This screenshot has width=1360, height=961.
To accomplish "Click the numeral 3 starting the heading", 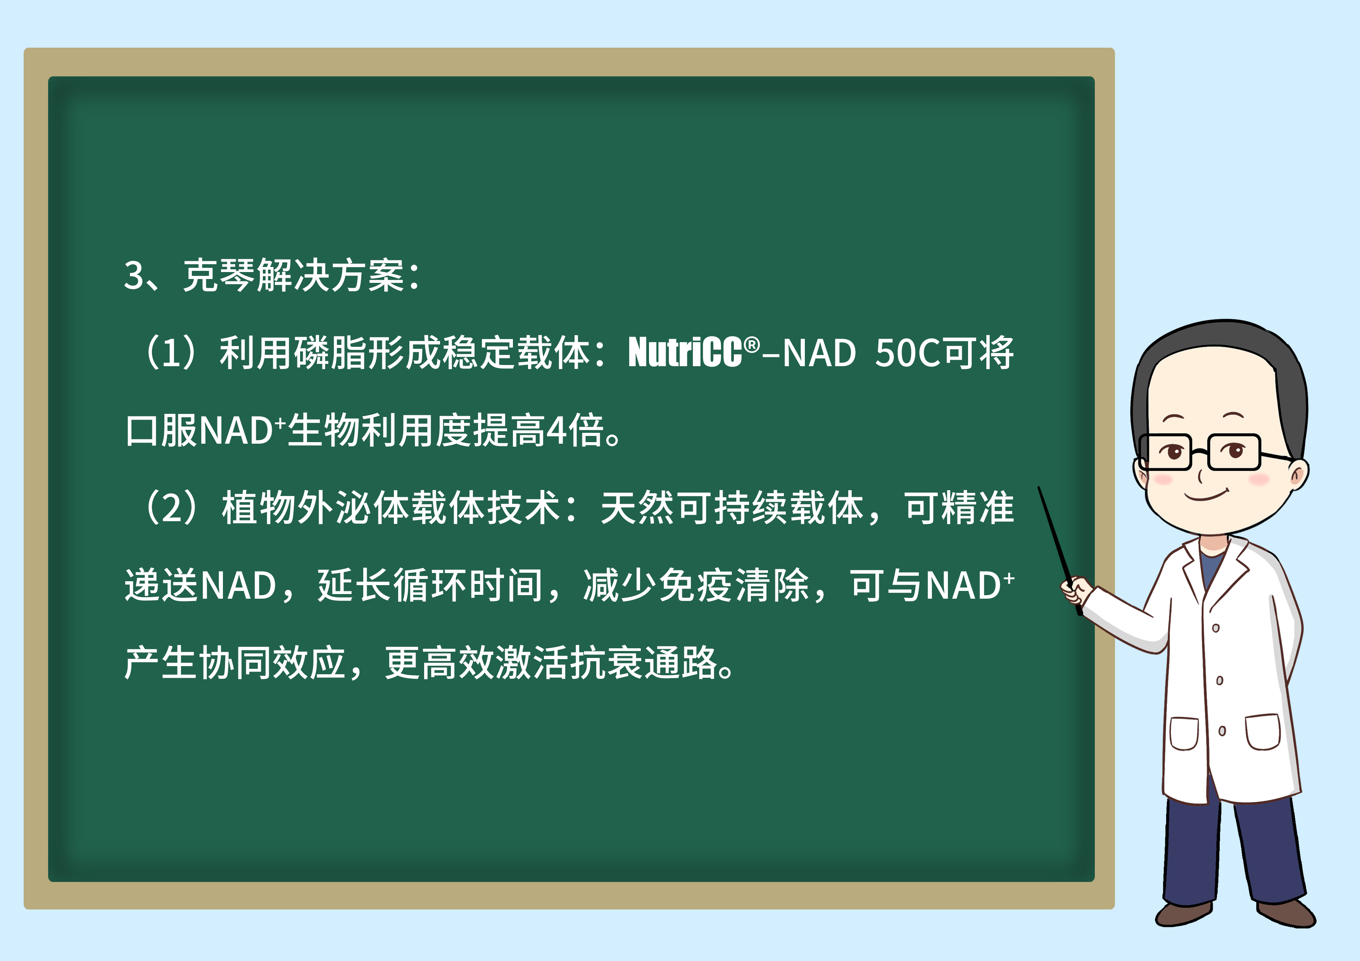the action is (x=133, y=276).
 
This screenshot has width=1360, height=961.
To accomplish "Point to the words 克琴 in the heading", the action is (x=219, y=276).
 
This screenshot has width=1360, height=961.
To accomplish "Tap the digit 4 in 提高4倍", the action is (x=556, y=431).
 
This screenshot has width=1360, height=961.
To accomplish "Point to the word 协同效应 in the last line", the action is (x=235, y=663).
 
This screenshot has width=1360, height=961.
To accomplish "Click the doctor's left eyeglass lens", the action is (x=1165, y=452).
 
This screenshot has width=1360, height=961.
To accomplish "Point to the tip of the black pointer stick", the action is (x=1039, y=488).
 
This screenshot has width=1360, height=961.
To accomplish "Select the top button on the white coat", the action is (x=1215, y=628).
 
